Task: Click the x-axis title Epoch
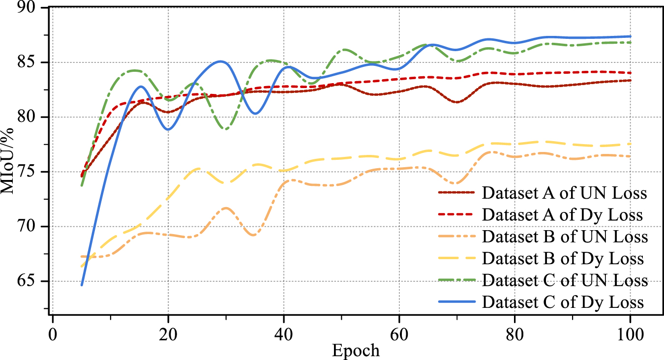356,350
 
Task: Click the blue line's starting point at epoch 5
82,285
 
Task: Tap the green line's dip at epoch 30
226,129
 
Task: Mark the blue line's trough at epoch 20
168,129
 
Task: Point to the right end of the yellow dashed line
630,144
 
